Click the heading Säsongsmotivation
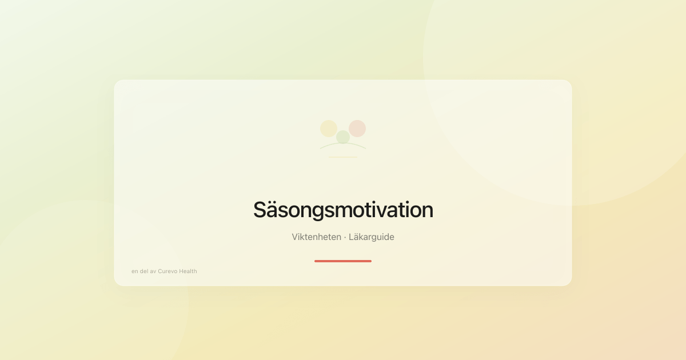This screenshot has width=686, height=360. click(343, 210)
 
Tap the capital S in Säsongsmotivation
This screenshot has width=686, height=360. click(260, 210)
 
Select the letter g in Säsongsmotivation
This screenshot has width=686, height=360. click(323, 213)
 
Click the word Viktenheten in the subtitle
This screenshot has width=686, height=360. click(316, 237)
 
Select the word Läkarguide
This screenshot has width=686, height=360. click(372, 237)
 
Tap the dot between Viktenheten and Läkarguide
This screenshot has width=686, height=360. click(345, 237)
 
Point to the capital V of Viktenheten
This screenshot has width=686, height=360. click(295, 237)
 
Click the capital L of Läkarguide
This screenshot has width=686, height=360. click(352, 237)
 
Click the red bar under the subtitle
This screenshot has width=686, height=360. click(343, 261)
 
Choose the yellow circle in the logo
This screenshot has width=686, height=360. click(329, 129)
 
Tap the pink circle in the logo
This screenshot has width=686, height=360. click(357, 129)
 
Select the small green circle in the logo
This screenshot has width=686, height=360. click(343, 137)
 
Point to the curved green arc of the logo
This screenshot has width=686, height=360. click(343, 143)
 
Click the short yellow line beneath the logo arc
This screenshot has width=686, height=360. click(343, 157)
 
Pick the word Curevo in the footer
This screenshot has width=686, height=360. click(167, 271)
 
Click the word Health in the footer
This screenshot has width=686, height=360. click(188, 271)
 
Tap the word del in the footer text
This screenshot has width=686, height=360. click(145, 271)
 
